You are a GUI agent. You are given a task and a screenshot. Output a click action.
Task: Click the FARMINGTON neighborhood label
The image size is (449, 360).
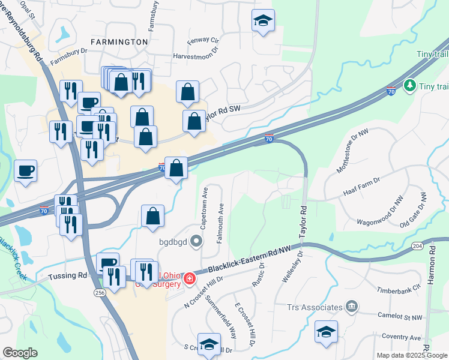(119, 42)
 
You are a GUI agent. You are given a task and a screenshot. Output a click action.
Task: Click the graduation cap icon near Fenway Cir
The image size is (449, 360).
(263, 22)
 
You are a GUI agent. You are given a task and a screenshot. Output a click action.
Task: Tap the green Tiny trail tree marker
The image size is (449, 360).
(411, 86)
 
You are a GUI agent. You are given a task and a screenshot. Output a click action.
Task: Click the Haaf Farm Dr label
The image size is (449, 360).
(362, 180)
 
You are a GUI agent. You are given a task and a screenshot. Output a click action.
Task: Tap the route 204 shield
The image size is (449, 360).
(417, 245)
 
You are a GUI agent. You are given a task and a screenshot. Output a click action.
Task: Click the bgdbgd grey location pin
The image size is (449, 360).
(197, 242)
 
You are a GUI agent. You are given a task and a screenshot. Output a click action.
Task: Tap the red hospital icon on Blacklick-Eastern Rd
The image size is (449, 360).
(189, 278)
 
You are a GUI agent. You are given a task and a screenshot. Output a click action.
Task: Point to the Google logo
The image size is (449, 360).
(20, 353)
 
